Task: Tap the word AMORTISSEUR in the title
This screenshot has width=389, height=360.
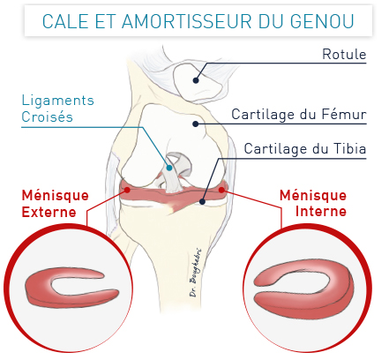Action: [x=186, y=21]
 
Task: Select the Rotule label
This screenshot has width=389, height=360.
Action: [x=344, y=54]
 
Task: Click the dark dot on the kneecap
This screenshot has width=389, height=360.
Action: [x=196, y=80]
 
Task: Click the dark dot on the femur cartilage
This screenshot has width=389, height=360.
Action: [x=196, y=124]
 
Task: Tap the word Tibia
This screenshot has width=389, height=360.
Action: [x=349, y=148]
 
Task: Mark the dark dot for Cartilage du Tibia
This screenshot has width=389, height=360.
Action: [x=202, y=201]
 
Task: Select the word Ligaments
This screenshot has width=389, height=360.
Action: [x=58, y=101]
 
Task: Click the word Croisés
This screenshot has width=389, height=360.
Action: [x=47, y=116]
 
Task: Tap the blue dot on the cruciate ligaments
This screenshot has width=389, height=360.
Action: [x=169, y=168]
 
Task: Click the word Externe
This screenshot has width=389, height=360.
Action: [x=49, y=212]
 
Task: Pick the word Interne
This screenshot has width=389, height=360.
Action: [x=321, y=211]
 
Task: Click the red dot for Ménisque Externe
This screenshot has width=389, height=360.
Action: [x=127, y=190]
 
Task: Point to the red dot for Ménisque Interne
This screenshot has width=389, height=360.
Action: [x=221, y=190]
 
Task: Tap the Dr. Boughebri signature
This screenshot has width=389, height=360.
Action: [x=196, y=273]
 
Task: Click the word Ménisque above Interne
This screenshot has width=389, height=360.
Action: [x=313, y=195]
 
